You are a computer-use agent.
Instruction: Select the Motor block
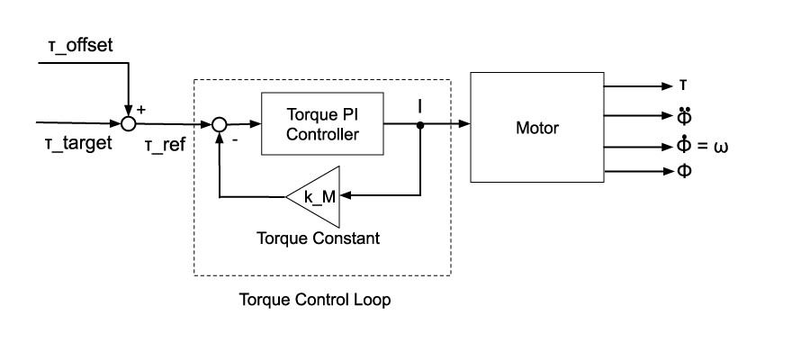[x=536, y=128]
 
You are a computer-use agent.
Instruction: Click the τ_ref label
[x=165, y=145]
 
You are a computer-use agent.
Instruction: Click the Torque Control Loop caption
[x=314, y=300]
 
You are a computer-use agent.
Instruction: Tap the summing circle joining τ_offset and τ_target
[x=129, y=124]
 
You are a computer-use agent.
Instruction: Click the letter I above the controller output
[x=420, y=107]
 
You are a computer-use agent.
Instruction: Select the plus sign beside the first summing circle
[x=140, y=110]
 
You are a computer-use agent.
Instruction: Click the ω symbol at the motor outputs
[x=720, y=147]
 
